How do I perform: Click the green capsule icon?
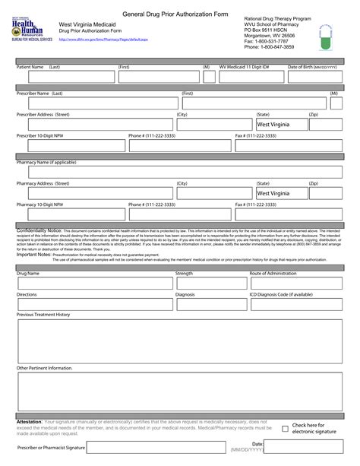click(329, 36)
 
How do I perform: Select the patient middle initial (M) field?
click(207, 77)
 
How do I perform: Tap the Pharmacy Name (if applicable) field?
click(180, 172)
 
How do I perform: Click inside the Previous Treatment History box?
click(180, 338)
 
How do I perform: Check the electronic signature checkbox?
click(285, 429)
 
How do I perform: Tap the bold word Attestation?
click(29, 421)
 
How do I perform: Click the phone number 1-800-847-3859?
click(277, 46)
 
